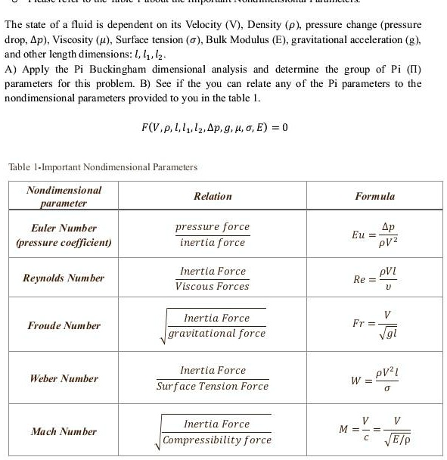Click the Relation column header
click(213, 196)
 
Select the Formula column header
click(375, 196)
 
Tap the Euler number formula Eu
click(374, 235)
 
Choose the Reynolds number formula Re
click(374, 278)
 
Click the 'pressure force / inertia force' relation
click(212, 235)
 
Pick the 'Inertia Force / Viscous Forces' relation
click(212, 278)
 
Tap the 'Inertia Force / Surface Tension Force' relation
click(212, 378)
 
